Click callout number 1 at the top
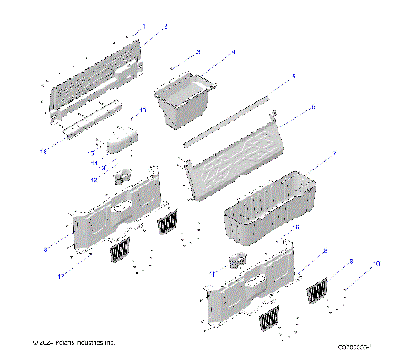point(143,26)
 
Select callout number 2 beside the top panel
point(165,28)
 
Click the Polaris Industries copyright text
point(73,342)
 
